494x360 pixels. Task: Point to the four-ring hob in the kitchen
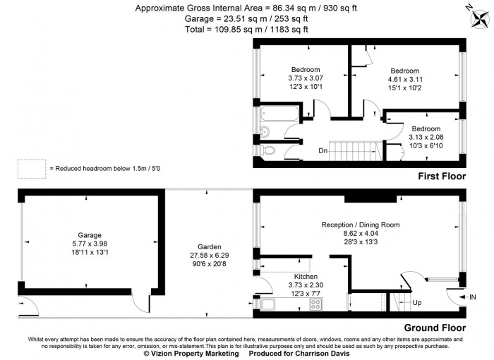315,305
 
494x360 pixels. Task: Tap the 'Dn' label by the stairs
323,150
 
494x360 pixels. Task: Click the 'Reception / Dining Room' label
360,224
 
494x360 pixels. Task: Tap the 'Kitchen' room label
306,276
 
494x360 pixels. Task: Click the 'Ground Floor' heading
434,328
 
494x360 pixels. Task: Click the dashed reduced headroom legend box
30,169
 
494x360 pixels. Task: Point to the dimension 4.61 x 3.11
404,80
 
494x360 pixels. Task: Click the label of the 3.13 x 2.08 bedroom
426,128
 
